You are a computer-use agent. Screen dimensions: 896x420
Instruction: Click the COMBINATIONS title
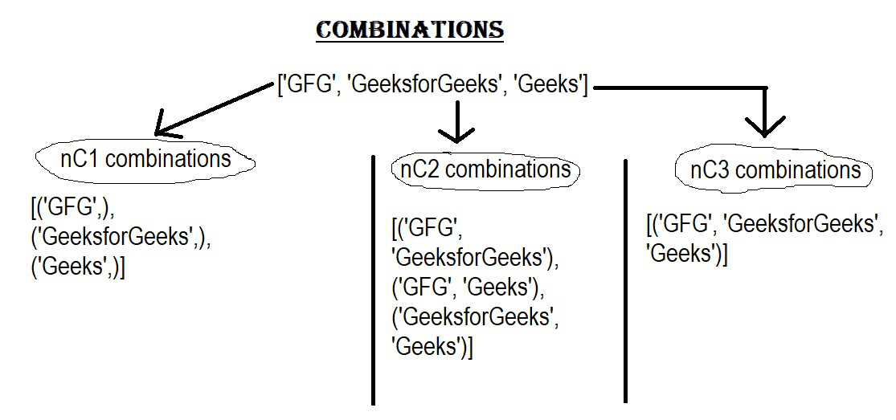(410, 30)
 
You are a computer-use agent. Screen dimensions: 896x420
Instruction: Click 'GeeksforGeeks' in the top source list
(424, 84)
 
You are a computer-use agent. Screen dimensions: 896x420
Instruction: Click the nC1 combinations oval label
(145, 160)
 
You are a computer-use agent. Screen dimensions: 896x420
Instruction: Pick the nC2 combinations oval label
(485, 170)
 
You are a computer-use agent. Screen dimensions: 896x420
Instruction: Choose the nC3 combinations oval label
(775, 170)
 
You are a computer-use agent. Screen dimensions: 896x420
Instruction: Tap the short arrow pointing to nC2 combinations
(456, 121)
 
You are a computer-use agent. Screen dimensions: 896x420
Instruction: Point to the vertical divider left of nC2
(373, 280)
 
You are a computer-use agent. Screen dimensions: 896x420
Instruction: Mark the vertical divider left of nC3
(625, 281)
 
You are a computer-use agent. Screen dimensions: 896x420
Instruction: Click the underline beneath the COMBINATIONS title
(410, 40)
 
